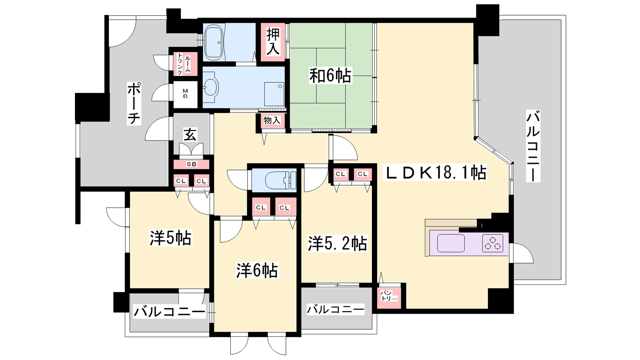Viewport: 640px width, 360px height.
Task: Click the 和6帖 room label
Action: pyautogui.click(x=330, y=76)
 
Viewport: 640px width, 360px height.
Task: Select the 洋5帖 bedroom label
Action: pyautogui.click(x=170, y=238)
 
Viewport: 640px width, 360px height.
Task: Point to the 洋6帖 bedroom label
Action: pyautogui.click(x=257, y=270)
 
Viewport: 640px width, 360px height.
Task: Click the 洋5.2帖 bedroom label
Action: pyautogui.click(x=337, y=244)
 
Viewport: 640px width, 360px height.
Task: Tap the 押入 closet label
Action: pyautogui.click(x=273, y=42)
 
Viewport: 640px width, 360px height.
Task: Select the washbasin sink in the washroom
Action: pyautogui.click(x=212, y=87)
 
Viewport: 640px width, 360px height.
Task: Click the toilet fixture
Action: pyautogui.click(x=280, y=180)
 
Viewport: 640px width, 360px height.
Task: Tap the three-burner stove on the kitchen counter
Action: pyautogui.click(x=493, y=243)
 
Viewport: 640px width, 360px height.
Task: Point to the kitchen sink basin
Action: pyautogui.click(x=451, y=243)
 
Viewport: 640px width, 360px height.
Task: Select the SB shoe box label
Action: pyautogui.click(x=192, y=164)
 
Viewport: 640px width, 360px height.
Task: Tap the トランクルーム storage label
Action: pyautogui.click(x=184, y=64)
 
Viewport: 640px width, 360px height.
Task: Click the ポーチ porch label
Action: pyautogui.click(x=134, y=104)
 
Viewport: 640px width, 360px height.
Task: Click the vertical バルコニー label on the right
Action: pyautogui.click(x=533, y=146)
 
